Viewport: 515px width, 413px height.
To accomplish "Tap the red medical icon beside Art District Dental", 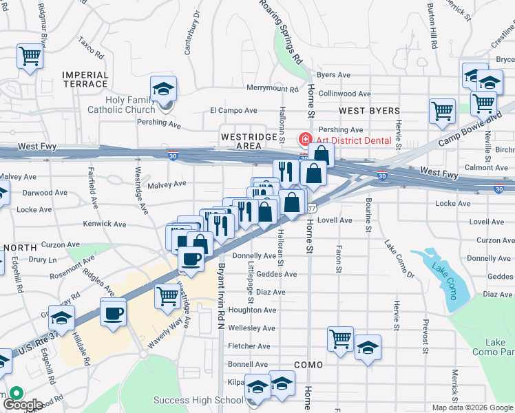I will click(304, 140).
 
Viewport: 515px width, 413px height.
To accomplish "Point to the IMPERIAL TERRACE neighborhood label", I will click(85, 79).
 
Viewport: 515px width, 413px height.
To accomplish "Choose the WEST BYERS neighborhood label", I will click(369, 111).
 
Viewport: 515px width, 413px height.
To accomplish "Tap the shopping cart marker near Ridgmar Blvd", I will click(30, 56).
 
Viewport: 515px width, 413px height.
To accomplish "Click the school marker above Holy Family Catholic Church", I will click(163, 88).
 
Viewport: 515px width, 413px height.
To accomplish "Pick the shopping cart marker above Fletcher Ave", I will click(340, 339).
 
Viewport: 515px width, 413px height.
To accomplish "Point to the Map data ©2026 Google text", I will click(472, 407).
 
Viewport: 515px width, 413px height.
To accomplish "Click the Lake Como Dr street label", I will click(400, 255).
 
